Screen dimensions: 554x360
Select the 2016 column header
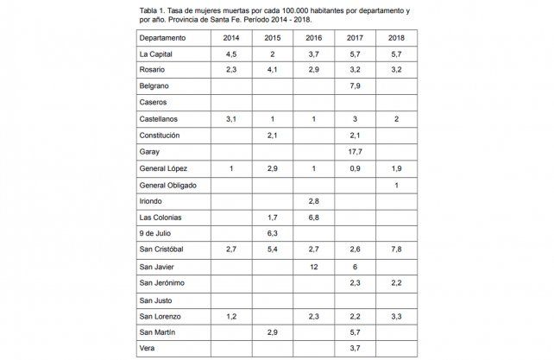(x=313, y=37)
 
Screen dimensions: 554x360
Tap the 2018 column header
(x=396, y=37)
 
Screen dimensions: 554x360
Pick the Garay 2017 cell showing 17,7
(x=355, y=152)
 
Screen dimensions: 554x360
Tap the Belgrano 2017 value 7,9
(x=355, y=86)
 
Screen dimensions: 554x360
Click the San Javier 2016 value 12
(x=313, y=267)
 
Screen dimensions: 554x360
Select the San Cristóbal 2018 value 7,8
(x=396, y=250)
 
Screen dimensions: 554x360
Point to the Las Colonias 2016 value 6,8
(x=313, y=218)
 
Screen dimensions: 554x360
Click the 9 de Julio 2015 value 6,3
(x=272, y=234)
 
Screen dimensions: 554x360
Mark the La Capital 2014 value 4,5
(x=230, y=54)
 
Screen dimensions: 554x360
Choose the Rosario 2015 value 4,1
(x=272, y=70)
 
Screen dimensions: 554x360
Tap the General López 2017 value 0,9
(x=355, y=168)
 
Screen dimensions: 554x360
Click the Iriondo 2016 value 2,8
(x=313, y=201)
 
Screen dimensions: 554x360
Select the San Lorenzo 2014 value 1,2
(x=230, y=316)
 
